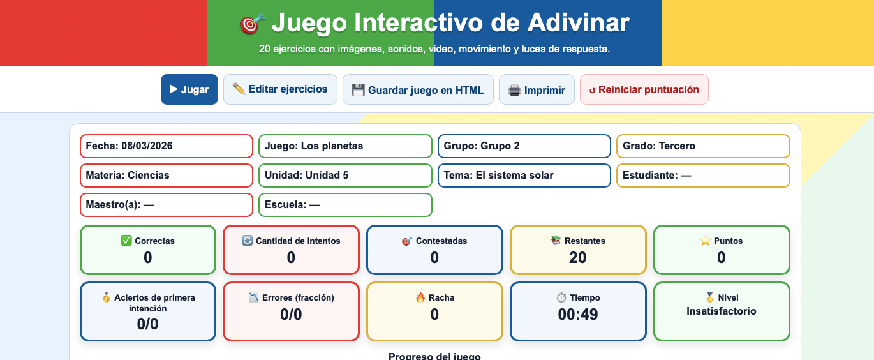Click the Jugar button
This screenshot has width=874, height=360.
189,89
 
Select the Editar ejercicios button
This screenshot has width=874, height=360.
280,89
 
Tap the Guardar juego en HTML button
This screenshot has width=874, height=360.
418,89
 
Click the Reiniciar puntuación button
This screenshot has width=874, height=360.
644,89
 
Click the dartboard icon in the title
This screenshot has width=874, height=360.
251,24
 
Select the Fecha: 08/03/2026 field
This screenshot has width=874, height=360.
167,146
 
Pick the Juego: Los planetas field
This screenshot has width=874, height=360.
345,146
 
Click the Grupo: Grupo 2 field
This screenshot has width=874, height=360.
524,146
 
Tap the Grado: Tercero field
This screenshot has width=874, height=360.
703,146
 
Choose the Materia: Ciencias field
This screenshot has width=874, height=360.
167,176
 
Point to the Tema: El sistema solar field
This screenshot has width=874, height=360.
524,176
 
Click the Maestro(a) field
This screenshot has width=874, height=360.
167,205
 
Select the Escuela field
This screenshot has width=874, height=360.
345,205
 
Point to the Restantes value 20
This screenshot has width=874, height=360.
578,258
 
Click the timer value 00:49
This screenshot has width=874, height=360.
578,314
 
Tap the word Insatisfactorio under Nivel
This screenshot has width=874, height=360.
722,311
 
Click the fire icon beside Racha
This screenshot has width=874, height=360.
420,297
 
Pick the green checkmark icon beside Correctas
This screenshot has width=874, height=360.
126,241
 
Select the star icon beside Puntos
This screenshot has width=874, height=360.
706,241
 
